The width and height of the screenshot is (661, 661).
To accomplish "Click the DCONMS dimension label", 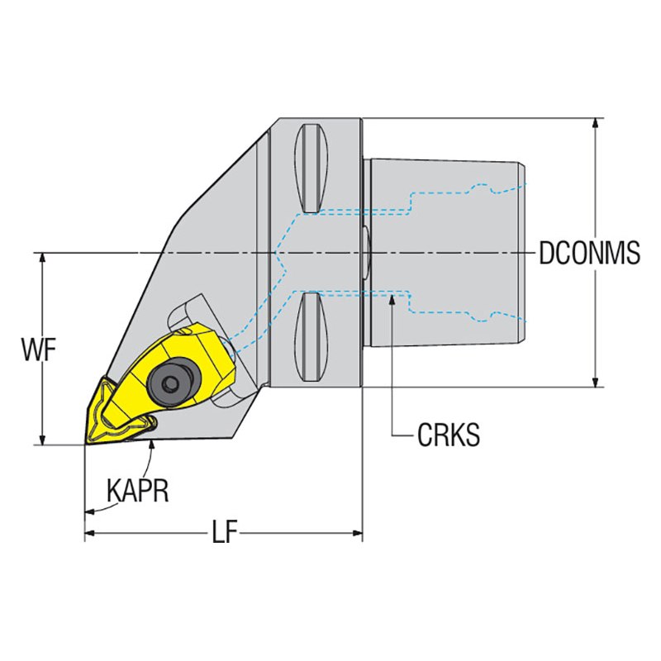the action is click(x=589, y=253).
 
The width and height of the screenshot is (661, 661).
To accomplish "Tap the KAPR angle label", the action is click(x=137, y=490).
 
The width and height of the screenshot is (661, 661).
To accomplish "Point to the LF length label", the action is click(x=224, y=531).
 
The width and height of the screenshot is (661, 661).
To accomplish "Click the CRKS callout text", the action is click(x=449, y=435).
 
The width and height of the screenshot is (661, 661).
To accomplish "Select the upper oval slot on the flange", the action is click(x=311, y=169).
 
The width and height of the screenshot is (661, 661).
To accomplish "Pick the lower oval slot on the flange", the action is click(x=311, y=337).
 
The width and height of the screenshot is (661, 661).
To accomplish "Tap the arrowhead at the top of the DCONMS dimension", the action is click(x=595, y=123).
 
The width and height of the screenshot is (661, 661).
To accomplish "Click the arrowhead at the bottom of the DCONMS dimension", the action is click(x=595, y=382).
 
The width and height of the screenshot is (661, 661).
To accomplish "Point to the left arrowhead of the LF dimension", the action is click(x=90, y=533).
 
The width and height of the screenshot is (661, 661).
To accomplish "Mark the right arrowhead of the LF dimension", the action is click(x=357, y=533).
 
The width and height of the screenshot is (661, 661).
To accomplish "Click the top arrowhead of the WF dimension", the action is click(x=42, y=258).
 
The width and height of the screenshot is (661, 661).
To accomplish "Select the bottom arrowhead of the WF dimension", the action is click(x=42, y=440).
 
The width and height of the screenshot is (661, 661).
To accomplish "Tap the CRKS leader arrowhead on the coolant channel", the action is click(x=392, y=300).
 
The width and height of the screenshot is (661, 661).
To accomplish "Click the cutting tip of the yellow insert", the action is click(x=86, y=444).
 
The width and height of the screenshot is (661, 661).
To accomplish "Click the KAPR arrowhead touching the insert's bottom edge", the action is click(x=152, y=445).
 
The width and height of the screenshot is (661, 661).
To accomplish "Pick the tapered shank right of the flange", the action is click(x=448, y=253).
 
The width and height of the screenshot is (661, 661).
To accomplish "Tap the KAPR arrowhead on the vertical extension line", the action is click(x=90, y=512).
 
